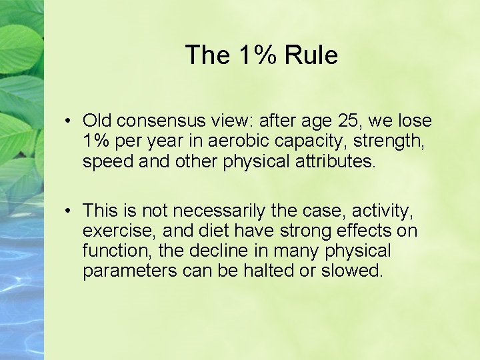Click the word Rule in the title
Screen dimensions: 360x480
[x=311, y=55]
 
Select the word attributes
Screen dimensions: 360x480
[x=333, y=161]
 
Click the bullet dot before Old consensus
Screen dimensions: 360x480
[x=69, y=122]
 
